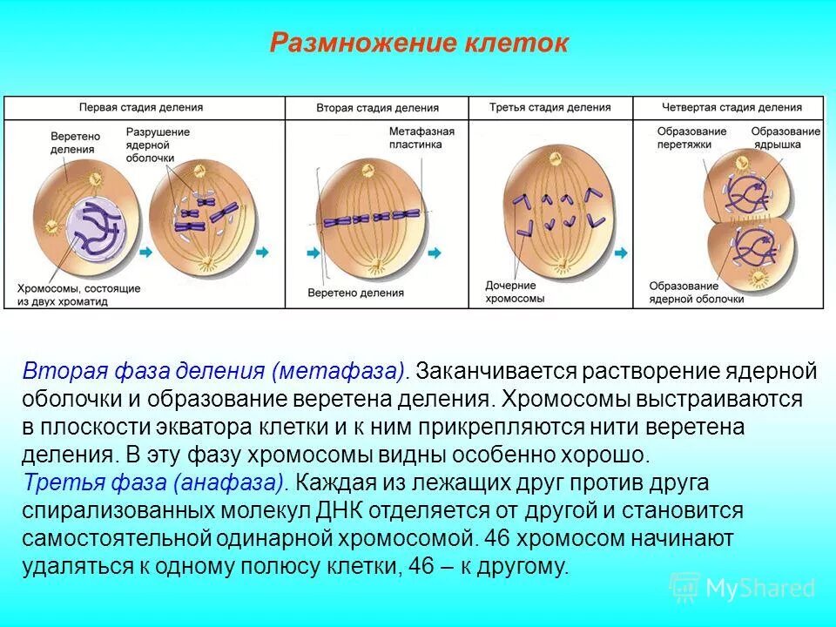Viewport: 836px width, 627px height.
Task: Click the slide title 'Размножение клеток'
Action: [418, 44]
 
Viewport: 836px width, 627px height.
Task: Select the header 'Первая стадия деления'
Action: [141, 107]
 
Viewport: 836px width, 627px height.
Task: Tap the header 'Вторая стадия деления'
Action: [376, 108]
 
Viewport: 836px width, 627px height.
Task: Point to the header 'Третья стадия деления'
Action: [549, 107]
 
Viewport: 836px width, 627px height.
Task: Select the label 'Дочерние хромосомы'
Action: [516, 292]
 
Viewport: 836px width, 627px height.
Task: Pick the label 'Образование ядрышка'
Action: [785, 138]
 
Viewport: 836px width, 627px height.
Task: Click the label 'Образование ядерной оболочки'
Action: [697, 293]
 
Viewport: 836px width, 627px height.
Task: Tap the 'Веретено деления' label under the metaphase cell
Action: [356, 293]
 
